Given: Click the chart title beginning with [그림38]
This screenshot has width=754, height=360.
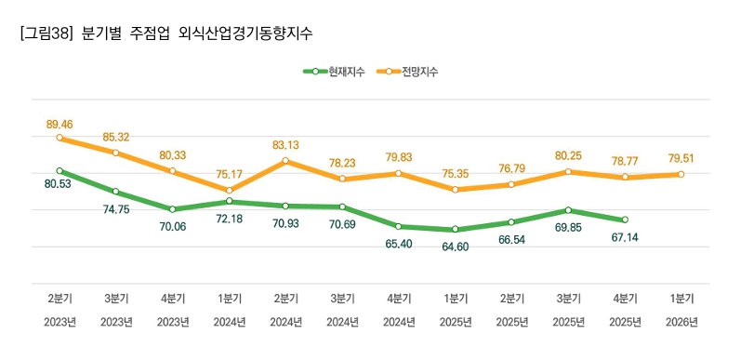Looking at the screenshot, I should pos(165,33).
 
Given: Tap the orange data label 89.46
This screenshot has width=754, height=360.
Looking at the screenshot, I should pos(60,123).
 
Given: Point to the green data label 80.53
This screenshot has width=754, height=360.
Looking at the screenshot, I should pos(60,185).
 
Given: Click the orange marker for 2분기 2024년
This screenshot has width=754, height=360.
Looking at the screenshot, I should pos(285,161).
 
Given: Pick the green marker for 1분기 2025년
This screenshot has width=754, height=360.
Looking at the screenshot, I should pos(455,229).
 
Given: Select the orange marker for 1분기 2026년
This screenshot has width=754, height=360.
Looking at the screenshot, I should pos(681,174).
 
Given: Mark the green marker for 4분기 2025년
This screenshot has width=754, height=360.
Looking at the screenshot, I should pos(625,220).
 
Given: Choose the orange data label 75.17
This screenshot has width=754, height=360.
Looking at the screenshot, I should pos(229,173).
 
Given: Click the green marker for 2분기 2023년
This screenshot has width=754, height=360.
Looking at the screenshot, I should pos(60,170).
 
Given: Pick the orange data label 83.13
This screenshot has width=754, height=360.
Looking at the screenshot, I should pos(285,145).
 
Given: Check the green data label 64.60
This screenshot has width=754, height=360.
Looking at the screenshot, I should pos(455,247).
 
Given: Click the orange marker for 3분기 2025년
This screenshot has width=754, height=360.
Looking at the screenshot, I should pos(568,171).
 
